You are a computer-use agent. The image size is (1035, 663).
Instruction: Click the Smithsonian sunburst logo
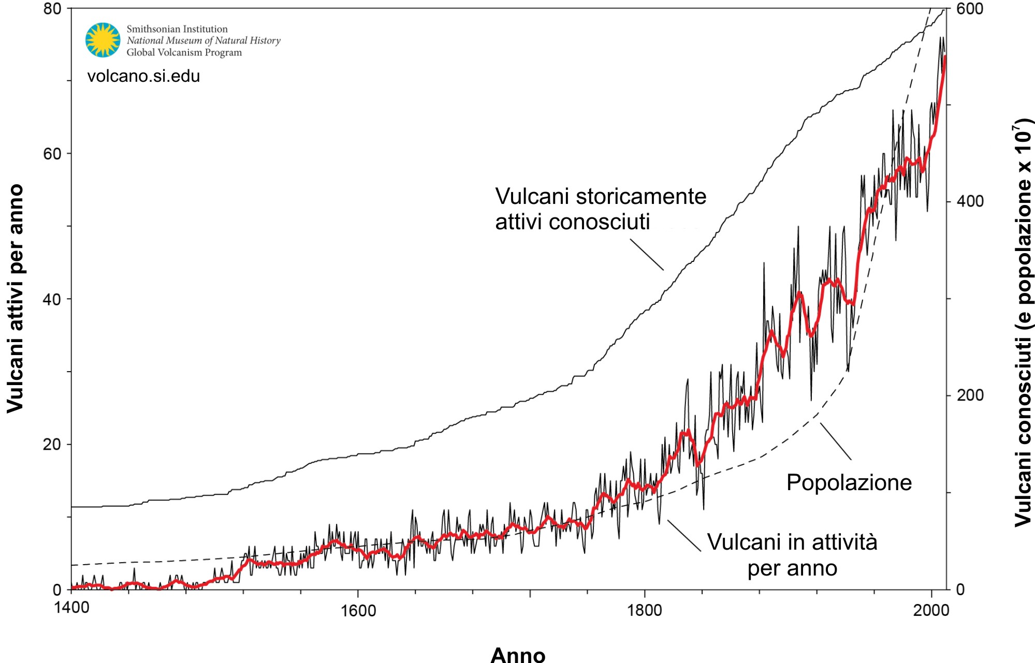103,40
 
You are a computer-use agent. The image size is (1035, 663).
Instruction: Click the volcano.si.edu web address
143,76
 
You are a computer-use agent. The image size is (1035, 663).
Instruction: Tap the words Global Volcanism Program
184,52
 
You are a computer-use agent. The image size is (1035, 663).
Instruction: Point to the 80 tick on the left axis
52,9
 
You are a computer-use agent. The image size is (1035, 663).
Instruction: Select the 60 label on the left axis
52,154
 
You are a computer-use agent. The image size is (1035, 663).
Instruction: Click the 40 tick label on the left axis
52,299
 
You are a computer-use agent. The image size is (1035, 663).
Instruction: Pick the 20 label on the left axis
52,444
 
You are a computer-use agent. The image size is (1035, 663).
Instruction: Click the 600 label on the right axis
969,9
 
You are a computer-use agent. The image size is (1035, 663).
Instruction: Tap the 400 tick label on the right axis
969,201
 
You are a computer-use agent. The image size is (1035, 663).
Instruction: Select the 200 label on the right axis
969,395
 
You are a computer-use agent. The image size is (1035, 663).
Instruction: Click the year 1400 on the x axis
71,607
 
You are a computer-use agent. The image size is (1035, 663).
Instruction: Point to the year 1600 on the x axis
358,611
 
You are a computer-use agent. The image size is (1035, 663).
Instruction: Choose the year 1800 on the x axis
645,611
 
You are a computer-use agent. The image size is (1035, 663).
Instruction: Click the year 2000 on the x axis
931,611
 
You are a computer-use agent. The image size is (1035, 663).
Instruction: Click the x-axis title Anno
518,654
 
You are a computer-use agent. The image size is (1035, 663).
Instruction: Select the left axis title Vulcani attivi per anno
16,299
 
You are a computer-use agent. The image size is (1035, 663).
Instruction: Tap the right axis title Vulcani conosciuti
1023,323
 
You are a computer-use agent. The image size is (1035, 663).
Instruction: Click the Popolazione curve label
849,482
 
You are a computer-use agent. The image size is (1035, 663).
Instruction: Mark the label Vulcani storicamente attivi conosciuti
600,209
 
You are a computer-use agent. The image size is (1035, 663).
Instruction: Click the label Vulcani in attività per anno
792,555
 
